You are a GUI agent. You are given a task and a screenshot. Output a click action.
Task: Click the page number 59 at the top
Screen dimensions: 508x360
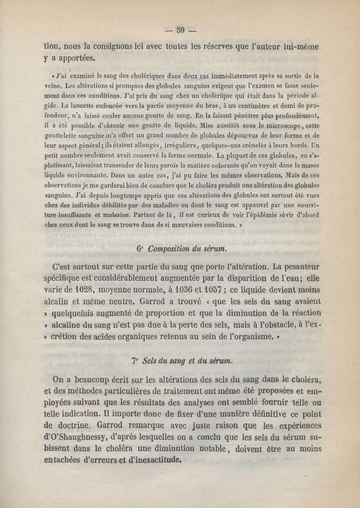point(181,31)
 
